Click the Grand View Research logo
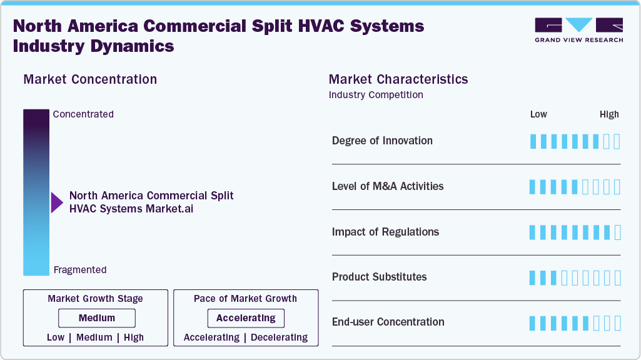pyautogui.click(x=578, y=30)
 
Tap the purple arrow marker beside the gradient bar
pyautogui.click(x=57, y=202)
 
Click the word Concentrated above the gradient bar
pyautogui.click(x=83, y=114)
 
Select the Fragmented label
pyautogui.click(x=80, y=270)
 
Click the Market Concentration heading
pyautogui.click(x=90, y=79)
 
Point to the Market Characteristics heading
pyautogui.click(x=398, y=79)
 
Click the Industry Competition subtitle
pyautogui.click(x=376, y=95)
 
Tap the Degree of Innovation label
pyautogui.click(x=382, y=141)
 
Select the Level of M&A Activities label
pyautogui.click(x=388, y=186)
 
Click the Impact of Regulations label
pyautogui.click(x=385, y=232)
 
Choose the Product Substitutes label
pyautogui.click(x=379, y=277)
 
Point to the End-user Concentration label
pyautogui.click(x=388, y=322)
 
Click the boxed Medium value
pyautogui.click(x=97, y=318)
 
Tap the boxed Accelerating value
pyautogui.click(x=246, y=318)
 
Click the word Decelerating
pyautogui.click(x=279, y=337)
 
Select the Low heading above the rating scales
pyautogui.click(x=538, y=114)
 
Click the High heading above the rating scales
pyautogui.click(x=609, y=114)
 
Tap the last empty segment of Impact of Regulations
pyautogui.click(x=618, y=232)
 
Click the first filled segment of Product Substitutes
pyautogui.click(x=533, y=278)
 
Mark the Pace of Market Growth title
pyautogui.click(x=245, y=299)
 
